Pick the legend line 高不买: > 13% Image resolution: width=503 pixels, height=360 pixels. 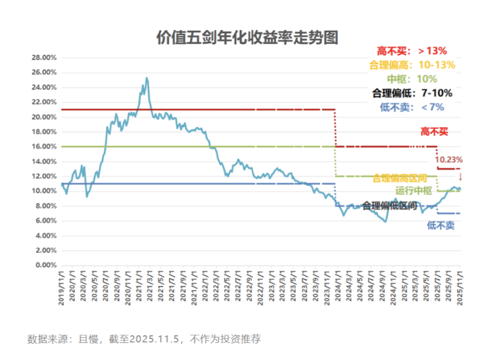point(412,51)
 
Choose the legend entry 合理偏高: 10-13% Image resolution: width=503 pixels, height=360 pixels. point(412,65)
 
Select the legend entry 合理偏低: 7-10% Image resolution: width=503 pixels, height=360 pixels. point(412,93)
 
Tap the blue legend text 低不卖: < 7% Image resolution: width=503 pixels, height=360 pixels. point(412,107)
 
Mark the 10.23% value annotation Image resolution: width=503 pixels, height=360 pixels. point(449,159)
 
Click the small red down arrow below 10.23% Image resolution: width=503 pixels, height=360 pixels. point(460,176)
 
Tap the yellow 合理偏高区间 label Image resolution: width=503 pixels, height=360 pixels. point(400,178)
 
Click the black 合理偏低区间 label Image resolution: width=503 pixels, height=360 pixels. point(389,205)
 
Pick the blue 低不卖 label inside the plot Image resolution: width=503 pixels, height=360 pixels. point(440,225)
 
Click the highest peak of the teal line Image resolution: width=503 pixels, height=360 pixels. point(147,78)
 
